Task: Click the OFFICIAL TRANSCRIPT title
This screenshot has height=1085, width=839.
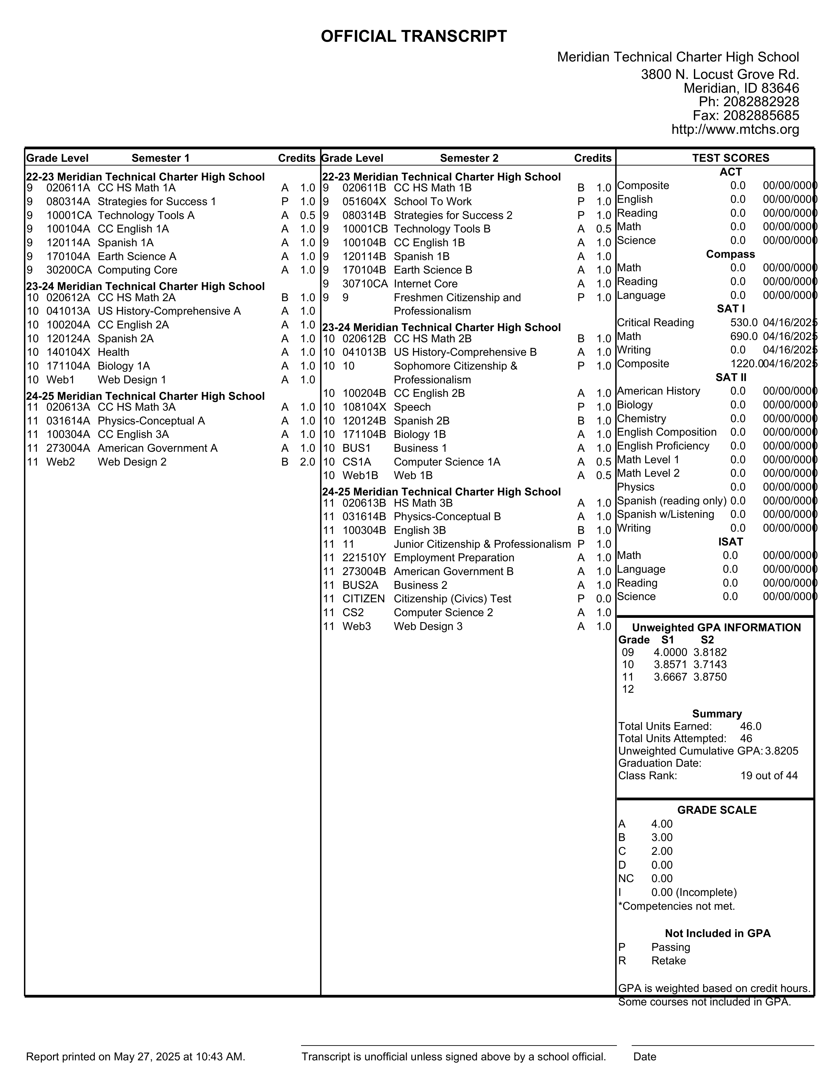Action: (x=414, y=36)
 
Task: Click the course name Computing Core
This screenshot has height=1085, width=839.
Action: (x=137, y=270)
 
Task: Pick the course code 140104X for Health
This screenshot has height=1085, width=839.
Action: (x=68, y=352)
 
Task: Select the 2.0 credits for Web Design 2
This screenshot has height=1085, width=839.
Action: (x=308, y=462)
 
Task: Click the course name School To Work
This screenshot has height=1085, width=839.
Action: (x=432, y=202)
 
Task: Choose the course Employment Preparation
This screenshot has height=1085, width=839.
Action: (x=454, y=558)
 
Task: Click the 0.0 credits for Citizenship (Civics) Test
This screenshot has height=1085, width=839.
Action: (x=603, y=599)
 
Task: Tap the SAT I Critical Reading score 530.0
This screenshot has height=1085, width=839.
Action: (x=744, y=323)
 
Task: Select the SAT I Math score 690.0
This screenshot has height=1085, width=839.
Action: (x=744, y=336)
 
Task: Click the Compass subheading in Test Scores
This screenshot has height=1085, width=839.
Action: (x=730, y=254)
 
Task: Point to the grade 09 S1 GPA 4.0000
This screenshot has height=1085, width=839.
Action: (x=670, y=652)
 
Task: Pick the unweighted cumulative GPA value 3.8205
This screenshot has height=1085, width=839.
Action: (x=781, y=751)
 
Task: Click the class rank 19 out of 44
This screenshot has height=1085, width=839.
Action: (x=768, y=776)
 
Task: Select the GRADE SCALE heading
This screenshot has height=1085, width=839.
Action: (x=717, y=810)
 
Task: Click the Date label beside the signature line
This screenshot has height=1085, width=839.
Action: (x=645, y=1057)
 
